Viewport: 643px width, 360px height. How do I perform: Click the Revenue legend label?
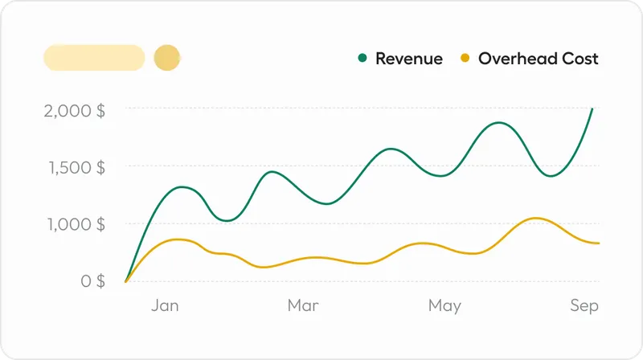[x=408, y=59]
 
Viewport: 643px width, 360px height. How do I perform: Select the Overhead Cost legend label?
[x=538, y=59]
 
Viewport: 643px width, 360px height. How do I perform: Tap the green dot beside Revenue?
[x=362, y=58]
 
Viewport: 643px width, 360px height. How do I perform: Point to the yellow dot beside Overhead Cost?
[x=465, y=58]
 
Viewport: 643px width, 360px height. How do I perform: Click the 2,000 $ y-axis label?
[x=74, y=110]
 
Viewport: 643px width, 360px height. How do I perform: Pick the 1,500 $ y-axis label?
[x=75, y=167]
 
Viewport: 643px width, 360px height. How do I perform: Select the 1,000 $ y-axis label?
[x=74, y=224]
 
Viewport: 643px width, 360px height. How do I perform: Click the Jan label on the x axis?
[x=165, y=305]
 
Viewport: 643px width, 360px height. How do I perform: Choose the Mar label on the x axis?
[x=303, y=305]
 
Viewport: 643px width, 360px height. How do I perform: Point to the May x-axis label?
[x=444, y=305]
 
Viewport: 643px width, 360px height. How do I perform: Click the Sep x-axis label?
[x=584, y=305]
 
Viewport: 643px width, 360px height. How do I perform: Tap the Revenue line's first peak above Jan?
[x=184, y=187]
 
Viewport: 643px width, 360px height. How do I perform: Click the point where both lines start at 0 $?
[x=125, y=281]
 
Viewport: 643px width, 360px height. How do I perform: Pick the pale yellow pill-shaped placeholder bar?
[x=94, y=58]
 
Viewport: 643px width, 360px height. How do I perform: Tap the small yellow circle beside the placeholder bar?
[x=166, y=58]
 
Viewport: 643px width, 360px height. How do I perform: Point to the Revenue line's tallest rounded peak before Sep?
[x=500, y=123]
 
